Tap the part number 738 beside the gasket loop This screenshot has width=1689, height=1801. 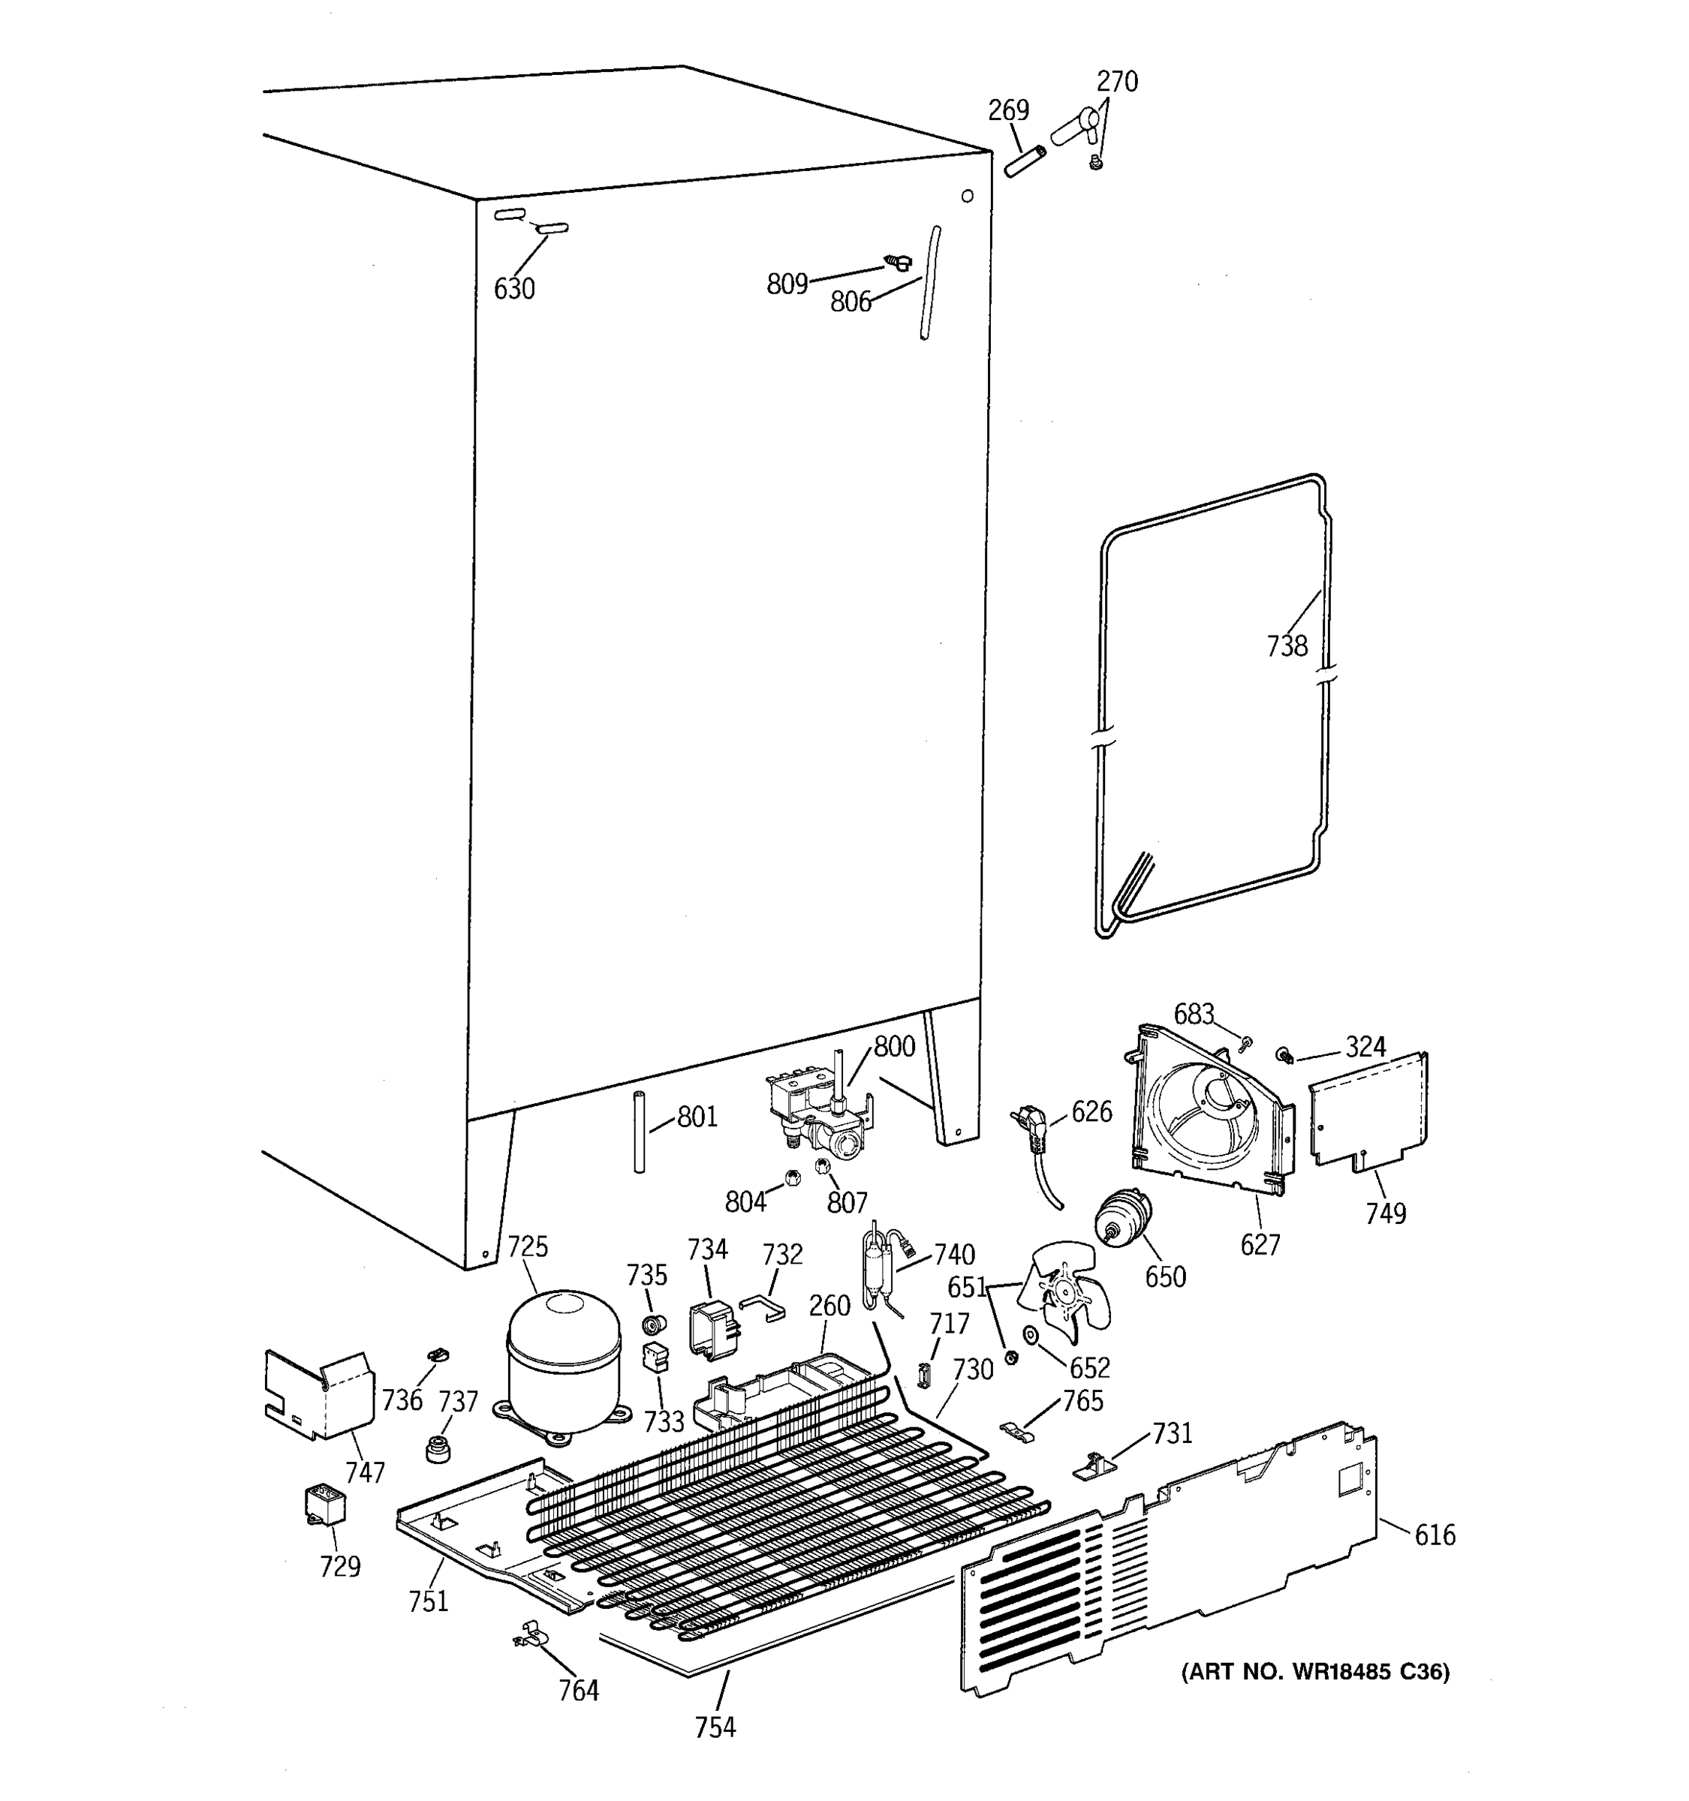1287,646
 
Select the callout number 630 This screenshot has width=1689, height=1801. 513,289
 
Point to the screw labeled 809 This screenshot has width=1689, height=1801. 898,263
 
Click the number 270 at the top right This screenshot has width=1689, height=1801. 1116,82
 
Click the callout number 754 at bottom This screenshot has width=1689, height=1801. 715,1753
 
